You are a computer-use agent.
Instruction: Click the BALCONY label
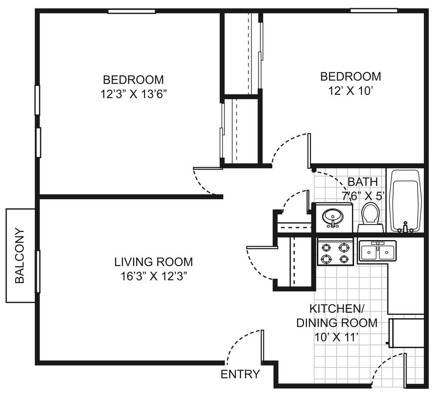click(x=19, y=255)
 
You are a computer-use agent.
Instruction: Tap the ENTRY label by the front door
click(x=240, y=374)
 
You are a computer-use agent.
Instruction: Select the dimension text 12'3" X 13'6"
click(x=133, y=94)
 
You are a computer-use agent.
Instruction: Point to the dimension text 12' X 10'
click(x=351, y=91)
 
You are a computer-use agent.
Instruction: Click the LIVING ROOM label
click(x=153, y=262)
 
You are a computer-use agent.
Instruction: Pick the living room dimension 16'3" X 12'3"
click(x=154, y=276)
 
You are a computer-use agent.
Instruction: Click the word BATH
click(x=363, y=182)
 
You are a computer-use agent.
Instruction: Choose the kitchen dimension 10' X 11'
click(x=336, y=337)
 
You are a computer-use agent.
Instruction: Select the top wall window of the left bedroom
click(x=132, y=11)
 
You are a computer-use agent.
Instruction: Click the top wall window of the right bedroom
click(x=374, y=11)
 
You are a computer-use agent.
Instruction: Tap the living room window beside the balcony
click(x=38, y=272)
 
